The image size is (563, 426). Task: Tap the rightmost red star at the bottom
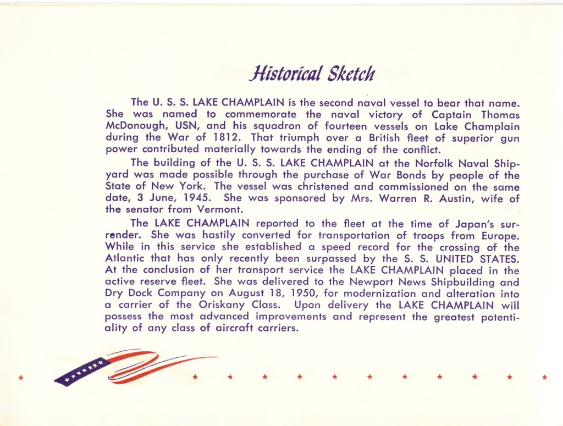tap(544, 377)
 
